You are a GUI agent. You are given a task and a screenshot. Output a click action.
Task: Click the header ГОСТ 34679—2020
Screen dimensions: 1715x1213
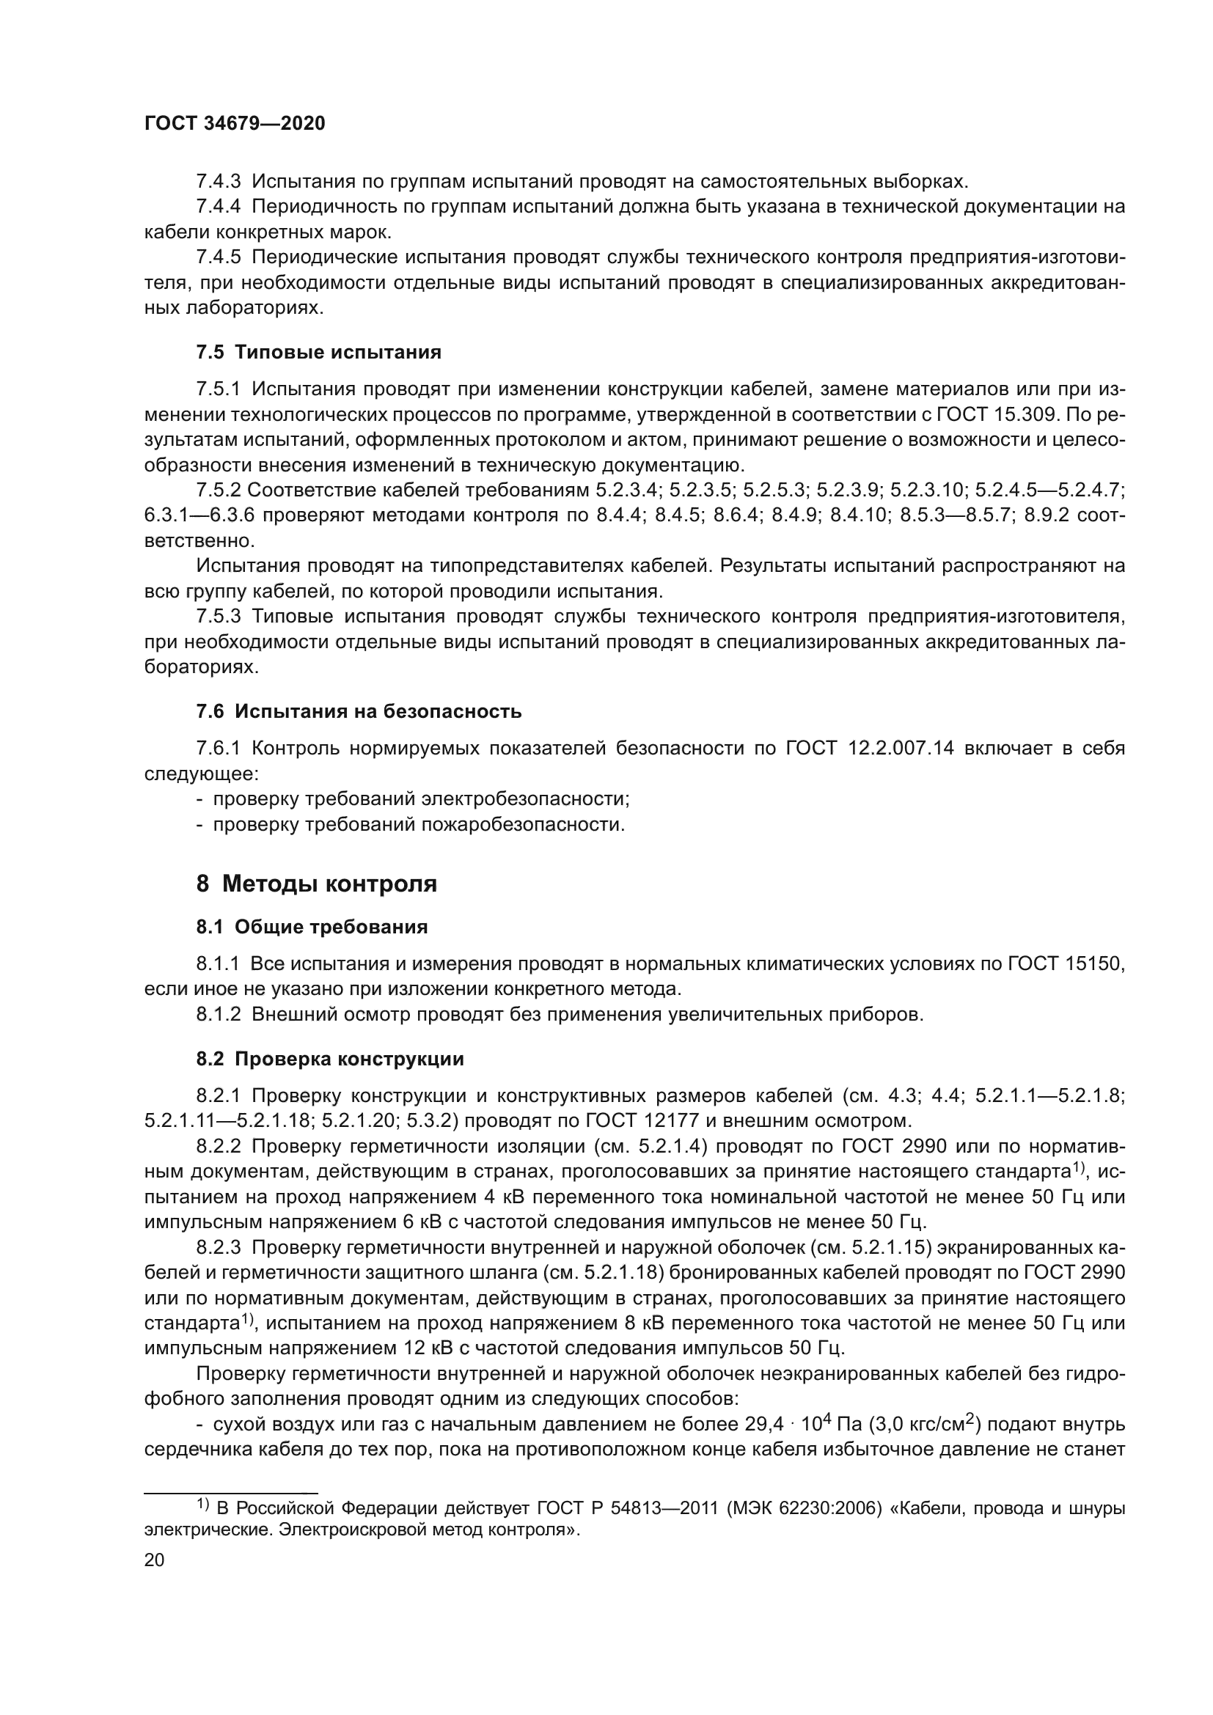(x=235, y=124)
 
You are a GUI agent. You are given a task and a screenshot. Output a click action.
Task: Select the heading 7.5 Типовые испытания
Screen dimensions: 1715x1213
(x=318, y=352)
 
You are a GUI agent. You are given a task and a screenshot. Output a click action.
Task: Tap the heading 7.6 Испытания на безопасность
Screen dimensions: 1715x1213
(x=359, y=711)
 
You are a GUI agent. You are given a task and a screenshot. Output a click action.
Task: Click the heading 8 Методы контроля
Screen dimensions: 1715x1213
(x=316, y=884)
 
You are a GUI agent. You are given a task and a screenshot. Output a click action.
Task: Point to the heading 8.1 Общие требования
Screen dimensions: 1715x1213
(x=312, y=927)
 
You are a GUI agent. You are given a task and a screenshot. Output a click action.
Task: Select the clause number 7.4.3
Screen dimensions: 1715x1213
(x=218, y=182)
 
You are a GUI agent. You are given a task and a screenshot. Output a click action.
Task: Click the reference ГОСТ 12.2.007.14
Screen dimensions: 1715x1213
(x=870, y=748)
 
